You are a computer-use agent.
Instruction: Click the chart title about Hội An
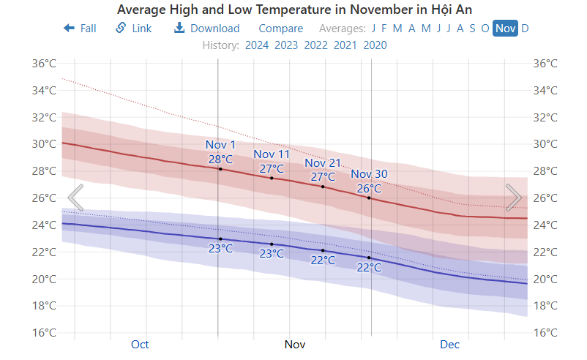(x=294, y=10)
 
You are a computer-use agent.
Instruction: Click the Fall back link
(x=80, y=29)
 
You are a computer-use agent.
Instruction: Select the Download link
(x=206, y=29)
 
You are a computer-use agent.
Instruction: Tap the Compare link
(x=280, y=29)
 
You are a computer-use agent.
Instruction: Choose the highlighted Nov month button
(x=505, y=29)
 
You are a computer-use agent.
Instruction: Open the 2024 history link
(x=257, y=45)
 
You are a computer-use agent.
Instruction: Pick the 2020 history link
(x=375, y=45)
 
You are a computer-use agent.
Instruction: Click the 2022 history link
(x=315, y=45)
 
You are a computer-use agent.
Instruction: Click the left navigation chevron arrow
(x=75, y=198)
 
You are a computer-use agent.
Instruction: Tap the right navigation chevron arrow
(x=514, y=198)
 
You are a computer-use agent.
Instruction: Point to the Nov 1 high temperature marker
(x=220, y=169)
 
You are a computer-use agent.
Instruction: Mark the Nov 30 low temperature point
(x=369, y=258)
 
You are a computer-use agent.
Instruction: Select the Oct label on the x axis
(x=140, y=344)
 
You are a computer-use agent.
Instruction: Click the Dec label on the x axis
(x=449, y=344)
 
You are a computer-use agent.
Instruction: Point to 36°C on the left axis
(x=44, y=64)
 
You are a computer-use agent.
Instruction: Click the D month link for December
(x=525, y=29)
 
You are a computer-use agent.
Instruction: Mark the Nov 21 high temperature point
(x=323, y=187)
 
